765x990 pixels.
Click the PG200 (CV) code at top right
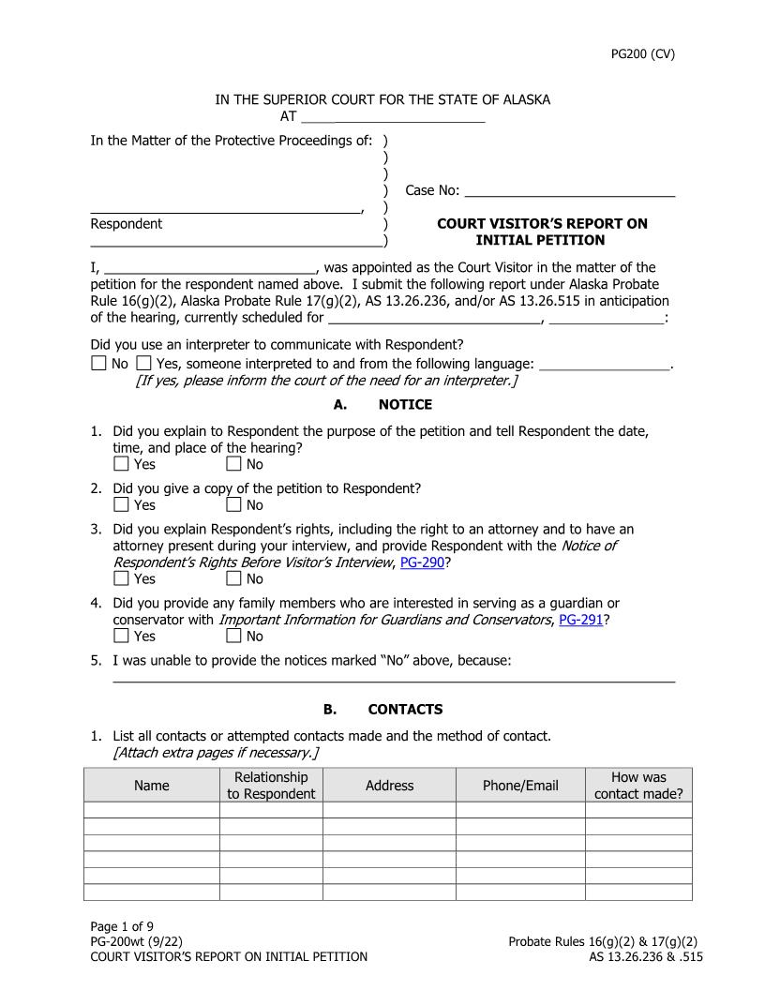[x=642, y=53]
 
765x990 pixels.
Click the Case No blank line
[x=570, y=190]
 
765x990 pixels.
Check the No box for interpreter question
[x=99, y=363]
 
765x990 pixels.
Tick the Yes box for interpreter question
[x=143, y=363]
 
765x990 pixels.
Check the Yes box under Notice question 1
[x=122, y=464]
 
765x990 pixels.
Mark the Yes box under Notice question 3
[x=122, y=578]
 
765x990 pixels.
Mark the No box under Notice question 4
[x=234, y=636]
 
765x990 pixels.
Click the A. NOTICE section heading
[x=382, y=405]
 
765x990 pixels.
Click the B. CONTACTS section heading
[x=382, y=710]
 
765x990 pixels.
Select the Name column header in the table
[x=152, y=786]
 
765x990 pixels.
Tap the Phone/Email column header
[x=520, y=786]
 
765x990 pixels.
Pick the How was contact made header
[x=638, y=786]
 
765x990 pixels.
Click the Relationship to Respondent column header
[x=271, y=786]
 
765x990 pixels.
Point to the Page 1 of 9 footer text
[x=122, y=927]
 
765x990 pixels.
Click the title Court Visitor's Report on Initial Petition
[x=542, y=232]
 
